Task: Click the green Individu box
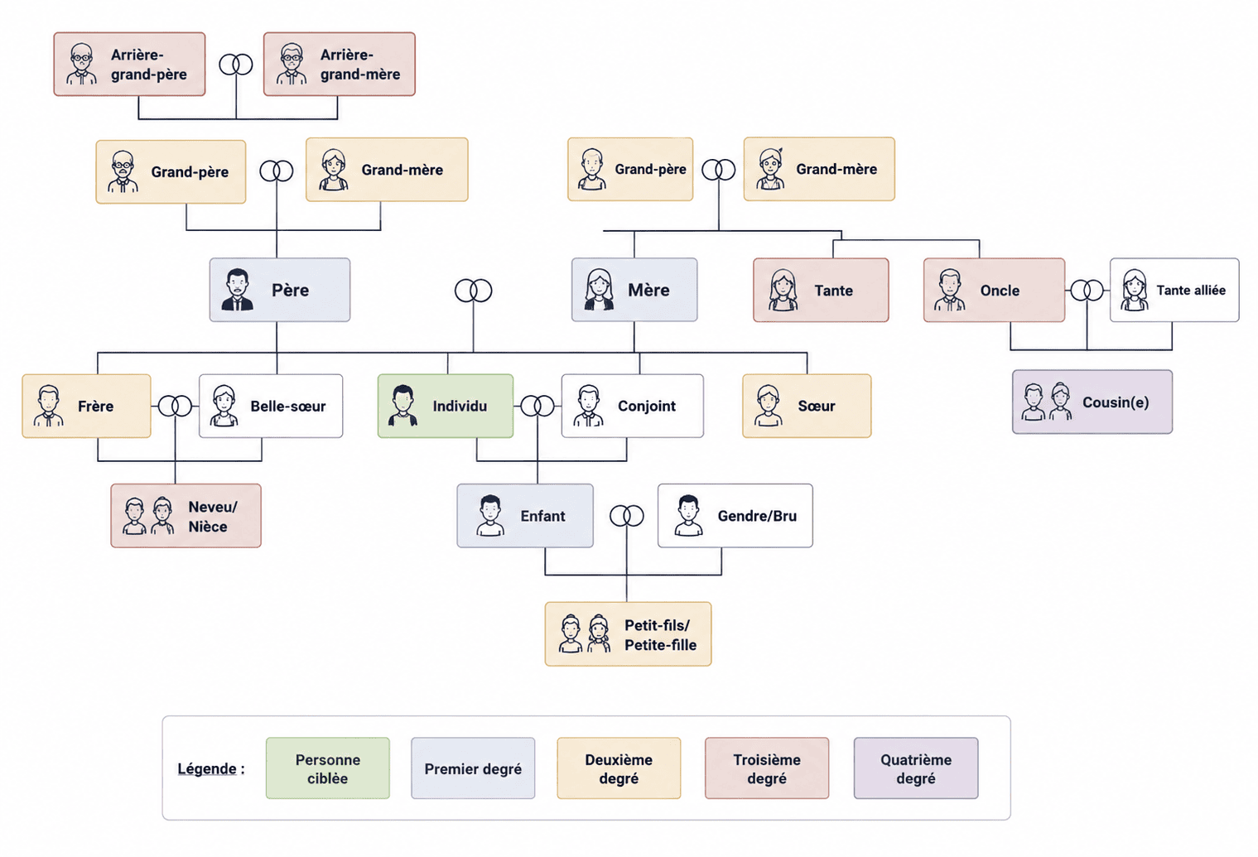(446, 406)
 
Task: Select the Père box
(280, 290)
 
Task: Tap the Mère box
(634, 290)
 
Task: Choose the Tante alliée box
(1174, 290)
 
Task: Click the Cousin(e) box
(1092, 402)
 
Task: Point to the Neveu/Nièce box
(186, 516)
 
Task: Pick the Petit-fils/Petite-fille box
(628, 634)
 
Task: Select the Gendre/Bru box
(735, 516)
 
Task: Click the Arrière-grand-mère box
(340, 64)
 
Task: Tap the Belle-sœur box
(271, 406)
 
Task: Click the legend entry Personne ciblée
(327, 768)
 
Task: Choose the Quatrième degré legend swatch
(916, 768)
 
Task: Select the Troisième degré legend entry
(767, 768)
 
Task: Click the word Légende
(207, 769)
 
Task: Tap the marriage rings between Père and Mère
(473, 291)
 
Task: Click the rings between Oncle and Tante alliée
(1087, 291)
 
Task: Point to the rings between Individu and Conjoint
(537, 406)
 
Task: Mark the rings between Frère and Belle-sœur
(175, 406)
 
